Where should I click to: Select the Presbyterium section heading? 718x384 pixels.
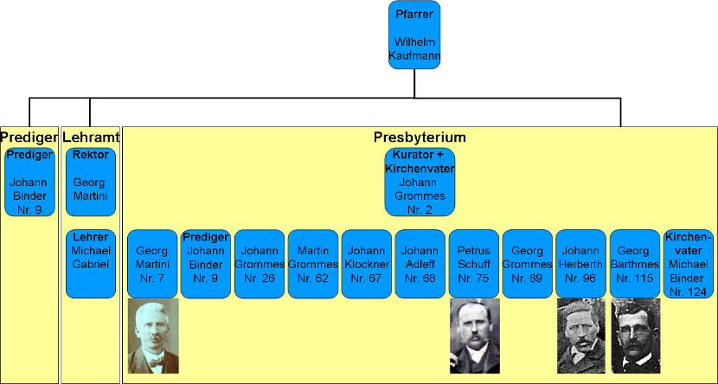point(420,137)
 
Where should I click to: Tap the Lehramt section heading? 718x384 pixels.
point(90,137)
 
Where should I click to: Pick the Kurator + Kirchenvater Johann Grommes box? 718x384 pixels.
point(420,182)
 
